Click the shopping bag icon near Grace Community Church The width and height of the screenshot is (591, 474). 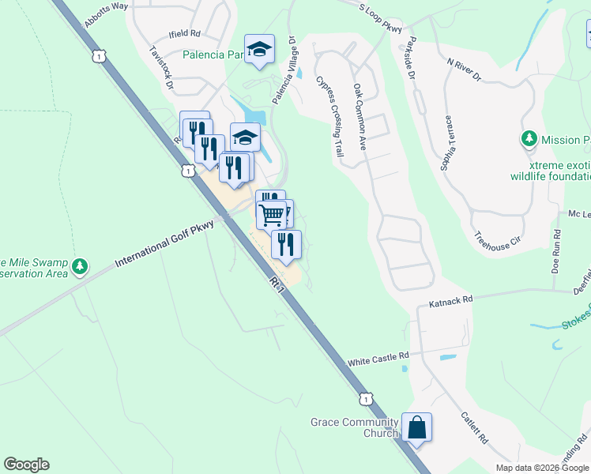416,428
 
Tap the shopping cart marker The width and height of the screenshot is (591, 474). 271,213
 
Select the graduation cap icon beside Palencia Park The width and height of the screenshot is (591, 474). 258,50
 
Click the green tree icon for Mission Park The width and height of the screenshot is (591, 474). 529,140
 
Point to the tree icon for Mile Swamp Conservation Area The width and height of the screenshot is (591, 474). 79,266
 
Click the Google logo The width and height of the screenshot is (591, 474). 26,465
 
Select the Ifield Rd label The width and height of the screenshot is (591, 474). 184,35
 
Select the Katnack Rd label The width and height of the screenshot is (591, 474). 450,300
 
